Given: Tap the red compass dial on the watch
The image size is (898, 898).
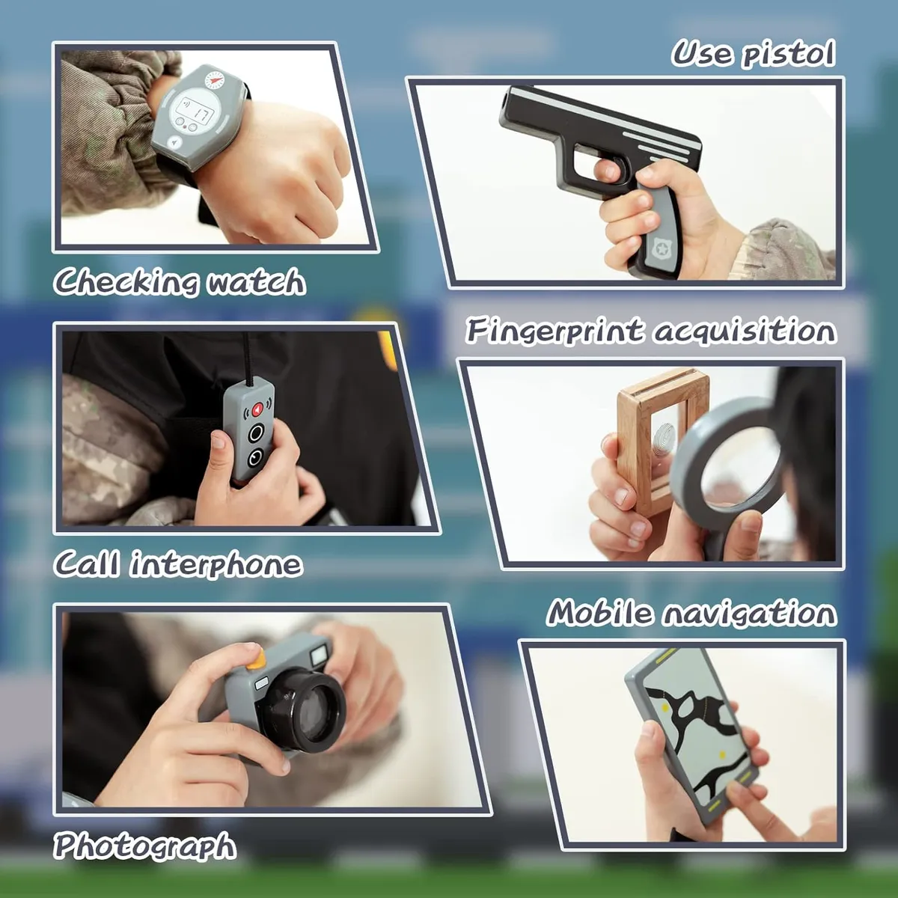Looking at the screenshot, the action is [x=213, y=80].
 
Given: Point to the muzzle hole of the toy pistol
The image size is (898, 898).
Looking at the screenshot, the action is [x=507, y=100].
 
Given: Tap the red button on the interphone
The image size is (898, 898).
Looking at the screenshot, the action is [x=257, y=409].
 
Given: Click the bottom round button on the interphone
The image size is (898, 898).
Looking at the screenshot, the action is [x=254, y=459].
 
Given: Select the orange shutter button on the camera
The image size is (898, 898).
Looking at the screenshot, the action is [x=256, y=660].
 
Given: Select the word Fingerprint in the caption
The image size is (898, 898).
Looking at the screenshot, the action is [x=555, y=332].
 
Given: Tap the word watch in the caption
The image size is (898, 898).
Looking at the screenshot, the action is [x=256, y=281].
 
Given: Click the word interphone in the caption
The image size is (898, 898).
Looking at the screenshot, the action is [x=217, y=565].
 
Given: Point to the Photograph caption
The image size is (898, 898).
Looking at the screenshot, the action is [x=144, y=845].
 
